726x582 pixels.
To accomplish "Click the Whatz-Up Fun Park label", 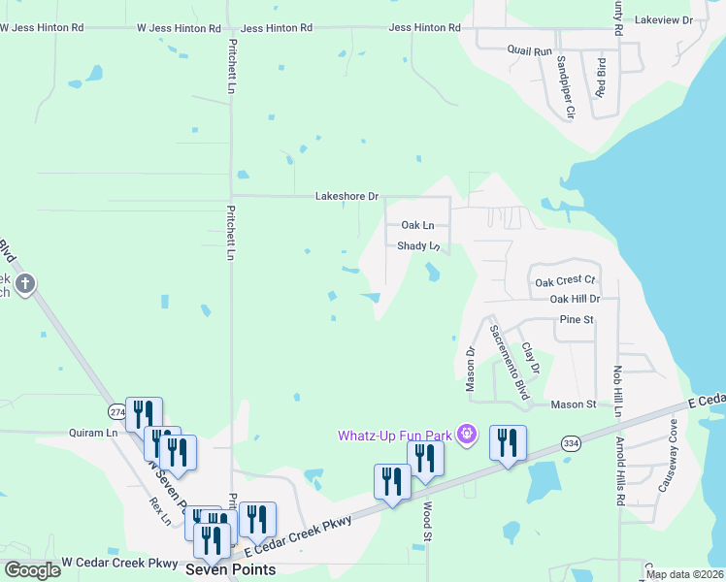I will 394,435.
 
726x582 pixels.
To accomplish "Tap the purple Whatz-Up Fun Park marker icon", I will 467,434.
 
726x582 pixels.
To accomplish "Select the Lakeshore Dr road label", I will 346,196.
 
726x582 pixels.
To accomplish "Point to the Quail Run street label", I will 529,49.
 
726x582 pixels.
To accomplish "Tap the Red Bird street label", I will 602,78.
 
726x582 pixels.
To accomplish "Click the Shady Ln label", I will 419,246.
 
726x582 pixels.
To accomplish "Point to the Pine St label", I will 576,318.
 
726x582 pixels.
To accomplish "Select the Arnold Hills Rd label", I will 620,472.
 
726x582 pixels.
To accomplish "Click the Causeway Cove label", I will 668,466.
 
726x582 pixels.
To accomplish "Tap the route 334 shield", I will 571,443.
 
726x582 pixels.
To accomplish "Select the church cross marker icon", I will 25,284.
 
